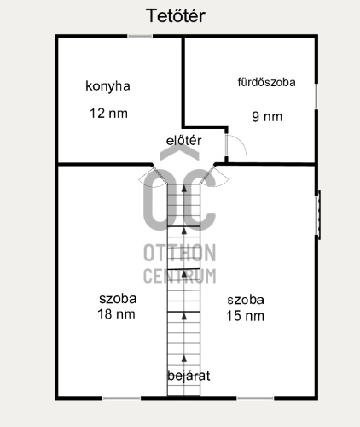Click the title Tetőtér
[x=176, y=15]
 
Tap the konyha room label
[x=107, y=86]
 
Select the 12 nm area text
[x=108, y=114]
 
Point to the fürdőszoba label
[x=266, y=82]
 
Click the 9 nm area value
[x=267, y=117]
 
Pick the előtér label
[x=183, y=141]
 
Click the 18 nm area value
[x=116, y=314]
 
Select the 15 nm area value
[x=245, y=316]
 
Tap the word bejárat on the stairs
[x=189, y=376]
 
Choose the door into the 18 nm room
[x=152, y=177]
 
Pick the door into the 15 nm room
[x=215, y=177]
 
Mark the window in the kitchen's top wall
[x=140, y=36]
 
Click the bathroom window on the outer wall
[x=316, y=97]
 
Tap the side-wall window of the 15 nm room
[x=318, y=215]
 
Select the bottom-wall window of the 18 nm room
[x=121, y=398]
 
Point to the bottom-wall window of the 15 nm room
[x=255, y=398]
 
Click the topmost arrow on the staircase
[x=184, y=188]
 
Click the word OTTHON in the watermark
[x=179, y=253]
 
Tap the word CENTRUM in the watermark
[x=179, y=276]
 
